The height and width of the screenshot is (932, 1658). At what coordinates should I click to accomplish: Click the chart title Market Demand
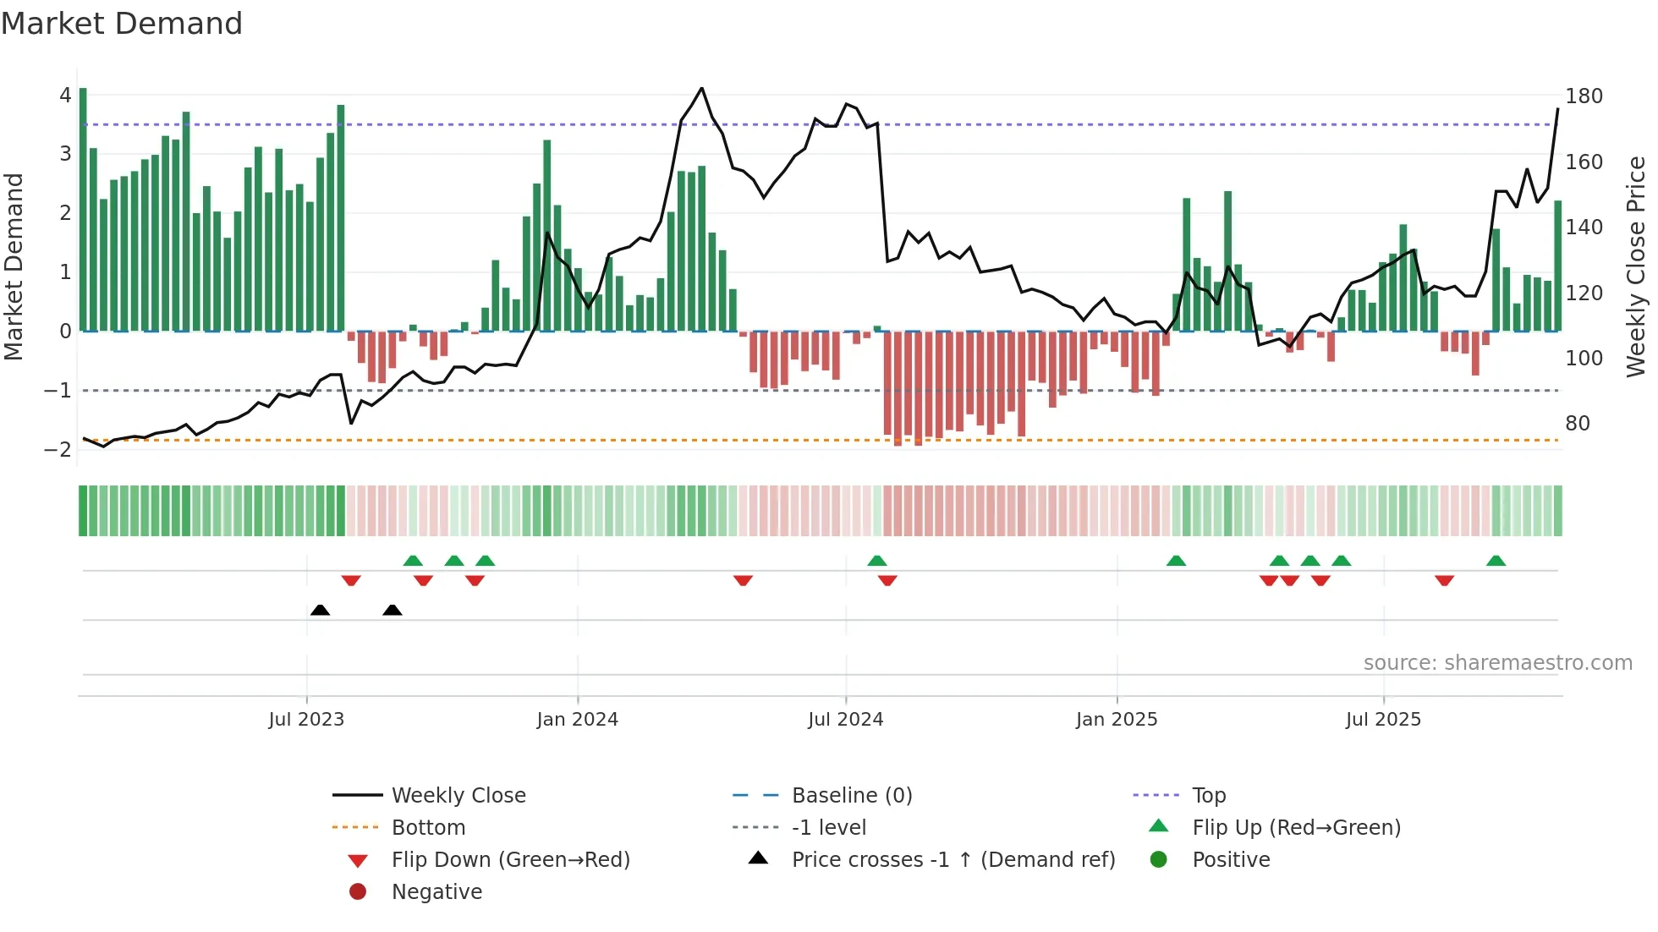coord(122,24)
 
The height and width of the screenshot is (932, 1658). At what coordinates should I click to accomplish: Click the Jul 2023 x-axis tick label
coord(306,720)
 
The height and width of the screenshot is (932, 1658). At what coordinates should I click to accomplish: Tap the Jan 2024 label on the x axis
coord(577,720)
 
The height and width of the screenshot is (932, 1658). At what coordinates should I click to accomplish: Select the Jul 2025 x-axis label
coord(1383,720)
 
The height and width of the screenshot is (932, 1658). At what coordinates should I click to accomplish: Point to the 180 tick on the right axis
coord(1584,96)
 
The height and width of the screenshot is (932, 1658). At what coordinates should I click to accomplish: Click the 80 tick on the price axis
coord(1577,424)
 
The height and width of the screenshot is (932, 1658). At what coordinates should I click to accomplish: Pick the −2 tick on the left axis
coord(58,450)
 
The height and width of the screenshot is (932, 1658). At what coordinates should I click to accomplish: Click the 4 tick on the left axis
coord(65,96)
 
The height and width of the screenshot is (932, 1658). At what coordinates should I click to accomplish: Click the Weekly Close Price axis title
coord(1636,266)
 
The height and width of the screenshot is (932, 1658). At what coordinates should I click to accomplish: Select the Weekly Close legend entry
coord(458,796)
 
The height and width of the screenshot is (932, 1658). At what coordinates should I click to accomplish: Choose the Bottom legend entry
coord(428,828)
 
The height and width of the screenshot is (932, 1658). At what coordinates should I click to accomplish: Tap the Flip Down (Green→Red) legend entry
coord(510,860)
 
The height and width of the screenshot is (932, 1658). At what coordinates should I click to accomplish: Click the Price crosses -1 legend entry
coord(953,860)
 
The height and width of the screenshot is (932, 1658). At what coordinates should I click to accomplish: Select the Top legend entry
coord(1208,796)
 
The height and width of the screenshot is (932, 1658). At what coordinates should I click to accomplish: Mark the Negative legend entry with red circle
coord(436,892)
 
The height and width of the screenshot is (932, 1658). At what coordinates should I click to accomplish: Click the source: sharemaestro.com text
coord(1497,663)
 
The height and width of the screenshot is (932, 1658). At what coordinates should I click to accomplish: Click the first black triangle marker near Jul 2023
coord(320,610)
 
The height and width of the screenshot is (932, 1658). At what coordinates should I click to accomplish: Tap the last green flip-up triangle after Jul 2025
coord(1496,561)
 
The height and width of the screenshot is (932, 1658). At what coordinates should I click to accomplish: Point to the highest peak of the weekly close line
coord(701,88)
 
